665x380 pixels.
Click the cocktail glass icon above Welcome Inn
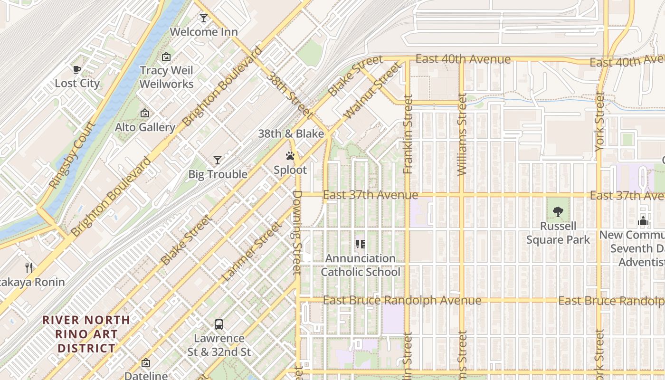(x=204, y=18)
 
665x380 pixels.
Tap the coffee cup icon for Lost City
(x=77, y=70)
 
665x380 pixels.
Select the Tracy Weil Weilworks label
(x=166, y=77)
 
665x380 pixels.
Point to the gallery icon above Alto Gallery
(x=145, y=114)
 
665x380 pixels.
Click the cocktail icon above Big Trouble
(x=218, y=160)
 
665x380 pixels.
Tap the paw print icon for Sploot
(x=290, y=156)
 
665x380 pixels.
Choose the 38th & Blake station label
(x=291, y=133)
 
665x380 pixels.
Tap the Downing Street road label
(x=297, y=232)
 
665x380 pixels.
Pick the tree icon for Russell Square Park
(x=558, y=212)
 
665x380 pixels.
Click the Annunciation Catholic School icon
(x=361, y=244)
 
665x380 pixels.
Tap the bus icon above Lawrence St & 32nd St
(x=218, y=324)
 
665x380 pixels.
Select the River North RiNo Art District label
(x=86, y=334)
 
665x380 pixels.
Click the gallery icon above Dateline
(x=146, y=362)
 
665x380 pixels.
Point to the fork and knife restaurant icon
(x=29, y=268)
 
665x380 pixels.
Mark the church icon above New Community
(x=643, y=221)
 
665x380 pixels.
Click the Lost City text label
(x=77, y=84)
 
